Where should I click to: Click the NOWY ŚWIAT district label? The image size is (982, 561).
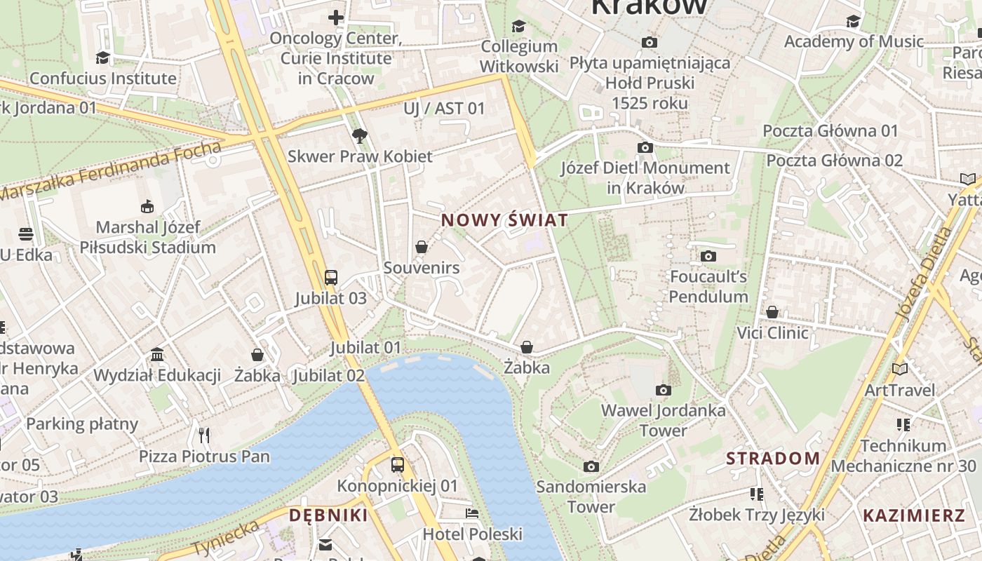504,220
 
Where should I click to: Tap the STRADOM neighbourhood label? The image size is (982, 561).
773,459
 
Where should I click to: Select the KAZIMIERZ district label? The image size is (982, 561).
914,516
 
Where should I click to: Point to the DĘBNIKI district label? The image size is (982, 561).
328,515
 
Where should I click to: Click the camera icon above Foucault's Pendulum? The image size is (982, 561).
708,256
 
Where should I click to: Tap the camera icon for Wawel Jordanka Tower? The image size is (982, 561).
663,390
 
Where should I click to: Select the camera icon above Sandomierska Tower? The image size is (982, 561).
591,466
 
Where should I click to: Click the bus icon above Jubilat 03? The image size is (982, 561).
330,277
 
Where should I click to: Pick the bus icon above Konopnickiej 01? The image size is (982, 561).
397,464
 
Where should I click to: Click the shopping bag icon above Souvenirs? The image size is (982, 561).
422,247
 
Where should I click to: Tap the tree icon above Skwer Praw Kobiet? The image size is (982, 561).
360,135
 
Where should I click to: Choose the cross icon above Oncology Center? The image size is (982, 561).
336,18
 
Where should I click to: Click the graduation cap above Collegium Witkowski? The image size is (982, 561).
518,26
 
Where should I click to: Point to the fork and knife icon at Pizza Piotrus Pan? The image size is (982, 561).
204,435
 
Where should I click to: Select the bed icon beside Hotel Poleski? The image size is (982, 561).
472,513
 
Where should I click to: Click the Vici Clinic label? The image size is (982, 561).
772,332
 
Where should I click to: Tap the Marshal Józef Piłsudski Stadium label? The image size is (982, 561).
147,237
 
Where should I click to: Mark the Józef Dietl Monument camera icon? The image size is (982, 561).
645,147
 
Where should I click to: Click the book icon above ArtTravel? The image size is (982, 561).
899,369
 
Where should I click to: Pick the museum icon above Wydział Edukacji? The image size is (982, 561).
157,355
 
